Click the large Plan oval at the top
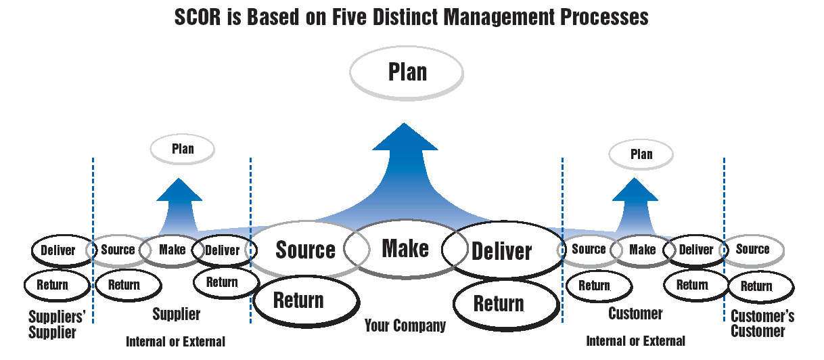(407, 72)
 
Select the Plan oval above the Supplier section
(182, 149)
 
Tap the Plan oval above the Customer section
(641, 154)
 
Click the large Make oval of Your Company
(405, 248)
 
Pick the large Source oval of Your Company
(305, 250)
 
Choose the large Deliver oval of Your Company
(501, 251)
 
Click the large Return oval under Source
(298, 300)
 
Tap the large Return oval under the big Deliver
(499, 303)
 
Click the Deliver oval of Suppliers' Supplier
(58, 250)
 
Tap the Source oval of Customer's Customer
(752, 249)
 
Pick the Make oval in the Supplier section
(172, 250)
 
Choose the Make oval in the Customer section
(642, 250)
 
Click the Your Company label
(405, 326)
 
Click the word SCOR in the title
(200, 18)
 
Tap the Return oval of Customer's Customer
(756, 286)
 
